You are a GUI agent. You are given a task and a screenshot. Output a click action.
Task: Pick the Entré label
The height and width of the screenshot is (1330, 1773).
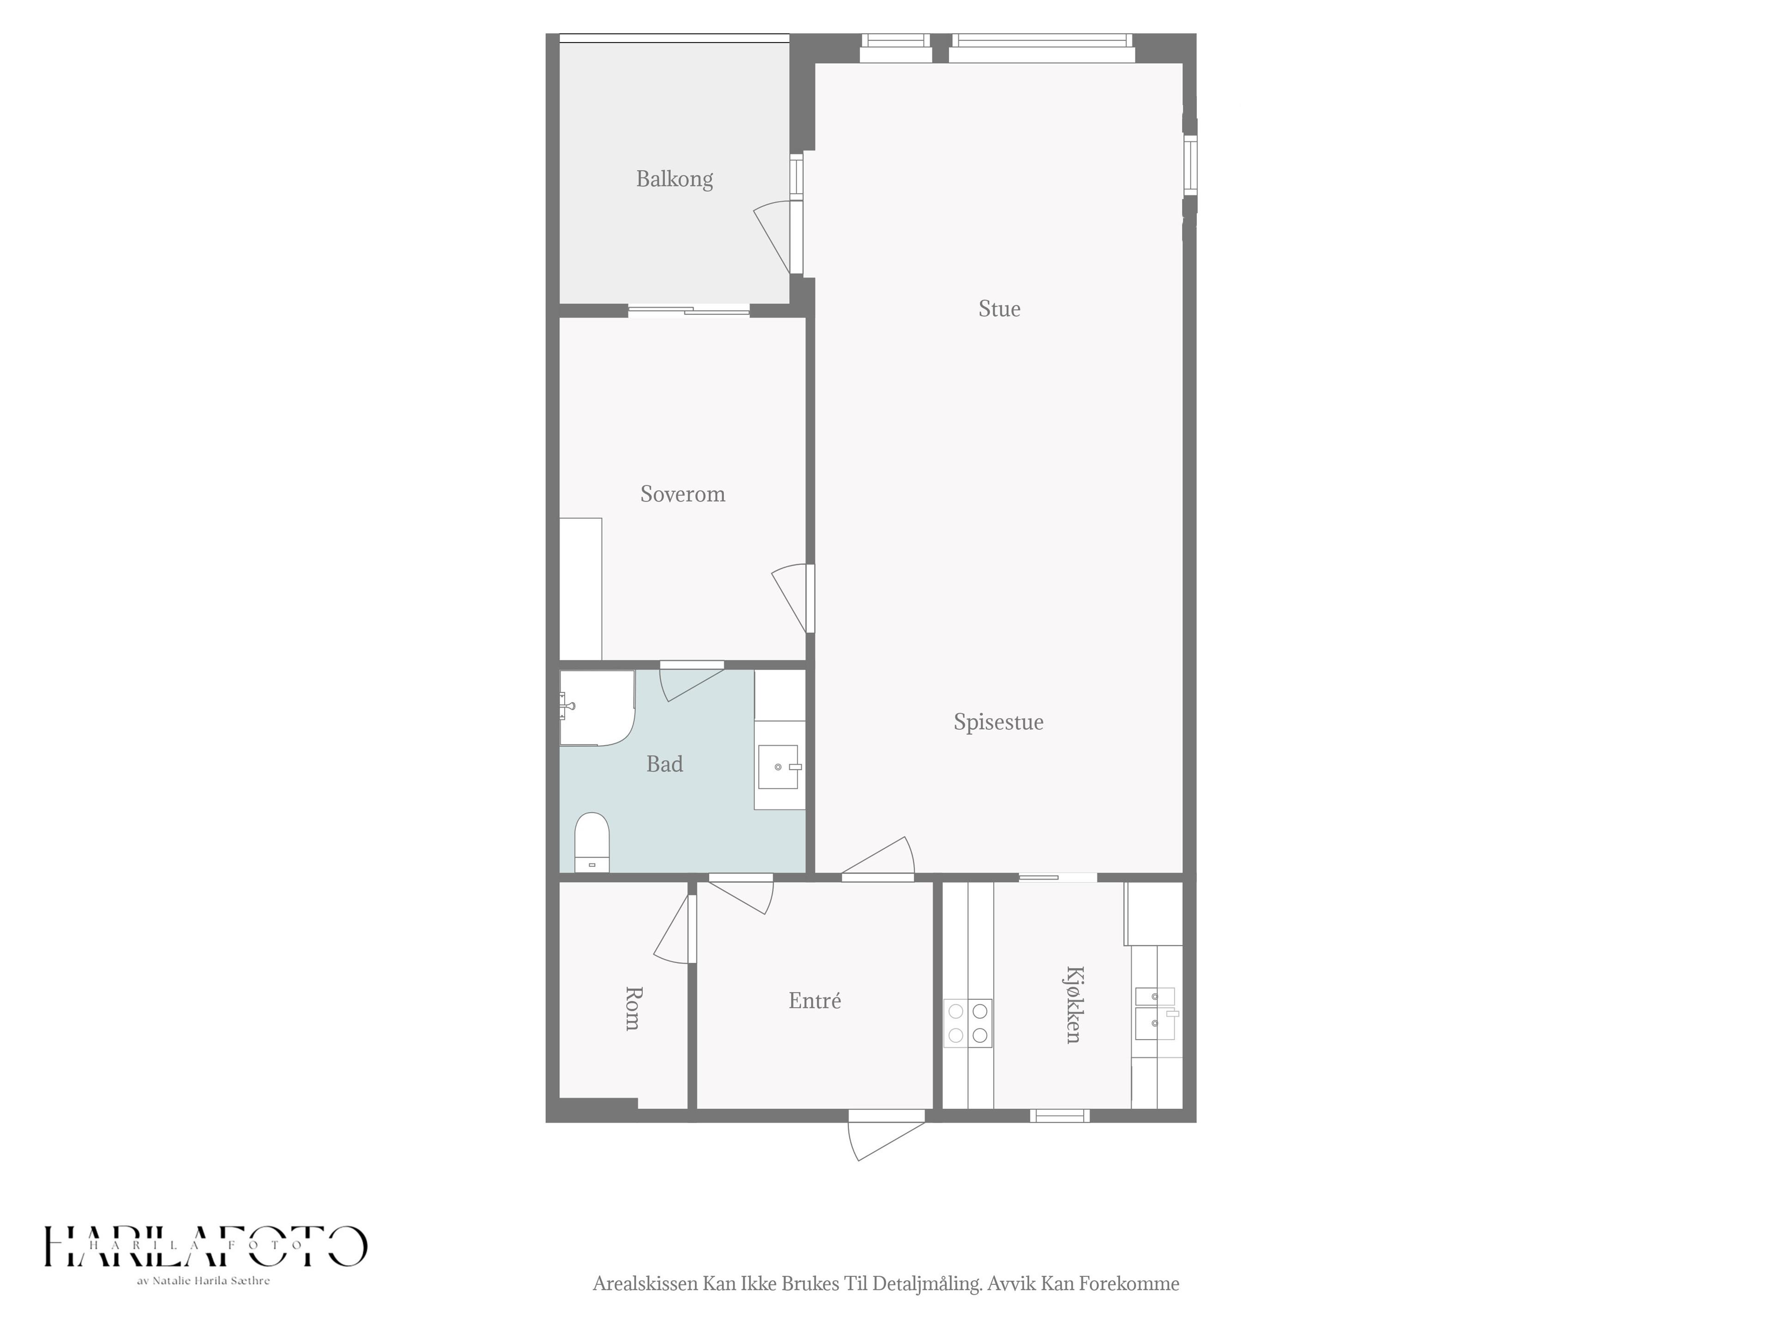[x=814, y=1001]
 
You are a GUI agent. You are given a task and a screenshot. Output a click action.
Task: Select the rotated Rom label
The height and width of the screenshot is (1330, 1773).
[x=633, y=1009]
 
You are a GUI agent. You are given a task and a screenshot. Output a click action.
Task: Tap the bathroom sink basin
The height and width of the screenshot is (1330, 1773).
[x=778, y=767]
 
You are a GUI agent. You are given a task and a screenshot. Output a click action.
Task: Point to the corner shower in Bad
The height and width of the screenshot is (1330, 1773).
[x=597, y=708]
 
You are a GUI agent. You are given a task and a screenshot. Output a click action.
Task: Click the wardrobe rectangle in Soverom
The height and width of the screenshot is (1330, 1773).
[x=580, y=589]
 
